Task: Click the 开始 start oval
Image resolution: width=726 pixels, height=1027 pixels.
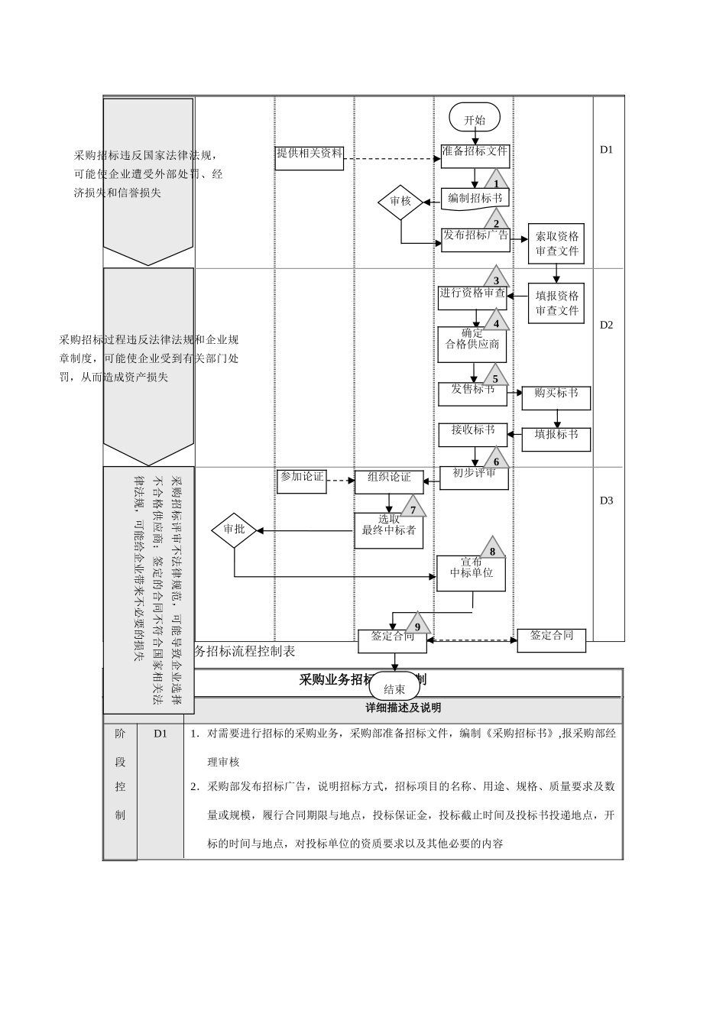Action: tap(475, 119)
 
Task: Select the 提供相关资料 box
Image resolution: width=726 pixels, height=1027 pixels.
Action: tap(310, 157)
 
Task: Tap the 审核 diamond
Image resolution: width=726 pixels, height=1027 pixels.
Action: tap(400, 202)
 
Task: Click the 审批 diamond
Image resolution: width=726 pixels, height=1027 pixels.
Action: tap(234, 530)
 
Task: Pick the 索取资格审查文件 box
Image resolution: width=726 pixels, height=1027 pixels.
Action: tap(556, 244)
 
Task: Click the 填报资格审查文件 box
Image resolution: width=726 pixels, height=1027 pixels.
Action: tap(556, 303)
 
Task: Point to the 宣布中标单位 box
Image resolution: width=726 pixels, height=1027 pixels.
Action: tap(471, 572)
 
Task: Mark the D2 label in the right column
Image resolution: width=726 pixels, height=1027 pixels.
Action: tap(606, 325)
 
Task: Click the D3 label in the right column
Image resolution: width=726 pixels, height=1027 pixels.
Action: tap(606, 501)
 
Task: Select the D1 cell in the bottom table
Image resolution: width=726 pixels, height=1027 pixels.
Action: tap(160, 734)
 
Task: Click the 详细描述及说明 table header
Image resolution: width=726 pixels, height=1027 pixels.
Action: tap(404, 708)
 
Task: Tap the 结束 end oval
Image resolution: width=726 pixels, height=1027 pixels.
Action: tap(394, 688)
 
